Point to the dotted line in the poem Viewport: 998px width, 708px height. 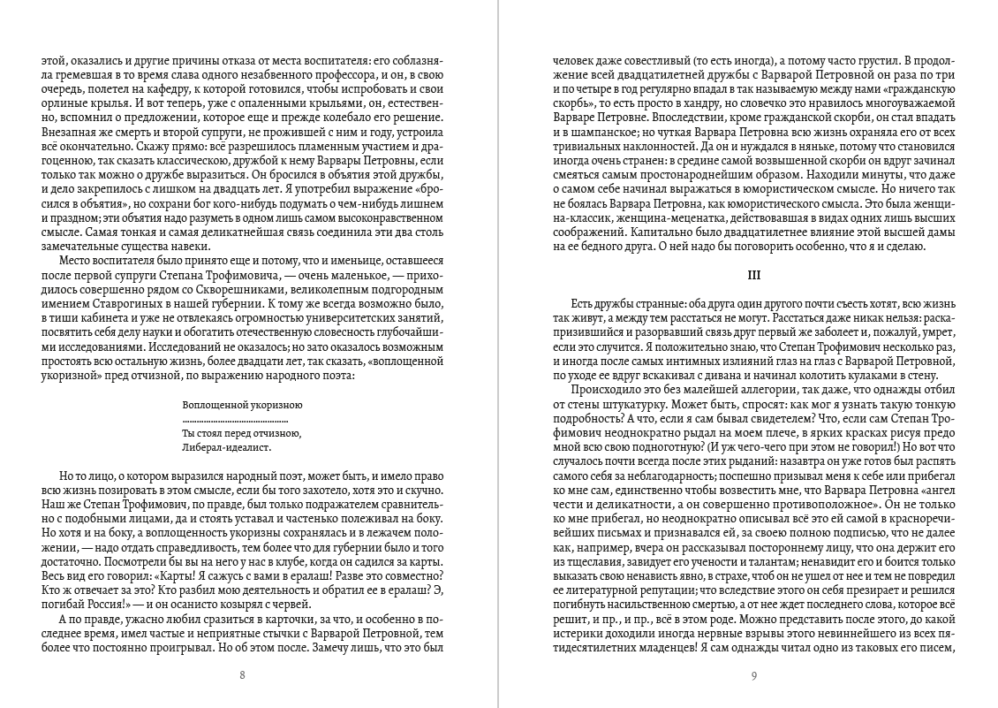pos(242,418)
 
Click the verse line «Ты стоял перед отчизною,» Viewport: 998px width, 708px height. pos(241,433)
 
